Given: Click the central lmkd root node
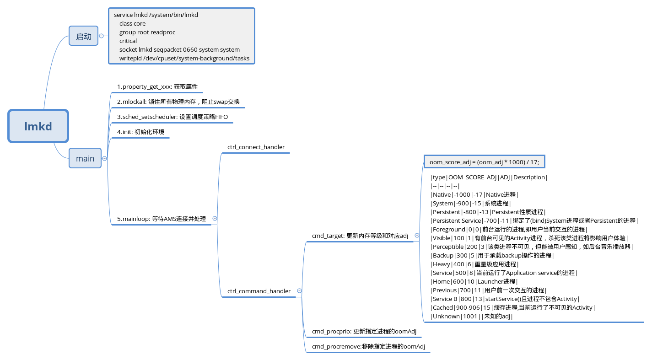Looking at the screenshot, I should click(38, 126).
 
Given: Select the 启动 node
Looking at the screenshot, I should click(84, 36).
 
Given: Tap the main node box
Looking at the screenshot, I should click(85, 159).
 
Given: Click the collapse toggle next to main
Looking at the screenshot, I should click(104, 159).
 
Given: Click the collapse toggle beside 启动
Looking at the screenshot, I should click(101, 36).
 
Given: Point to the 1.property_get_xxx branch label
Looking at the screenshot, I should click(157, 87).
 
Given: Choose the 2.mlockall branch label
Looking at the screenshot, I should click(178, 102).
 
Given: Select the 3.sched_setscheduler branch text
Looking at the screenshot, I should click(172, 117).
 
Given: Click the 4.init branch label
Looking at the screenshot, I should click(140, 132).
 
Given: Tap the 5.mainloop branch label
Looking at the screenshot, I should click(161, 219).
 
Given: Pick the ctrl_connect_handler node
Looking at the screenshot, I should click(256, 147).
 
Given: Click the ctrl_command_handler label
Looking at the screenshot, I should click(259, 291).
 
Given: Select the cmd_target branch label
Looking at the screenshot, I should click(360, 236).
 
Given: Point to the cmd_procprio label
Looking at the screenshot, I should click(364, 331).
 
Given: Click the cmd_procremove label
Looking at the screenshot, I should click(368, 347).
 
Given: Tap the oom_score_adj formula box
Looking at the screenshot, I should click(484, 162).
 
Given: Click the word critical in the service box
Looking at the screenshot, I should click(128, 41).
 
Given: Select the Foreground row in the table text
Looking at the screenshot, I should click(508, 230).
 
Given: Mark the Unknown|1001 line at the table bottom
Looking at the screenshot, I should click(471, 317).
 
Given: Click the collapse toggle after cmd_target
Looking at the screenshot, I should click(417, 236).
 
